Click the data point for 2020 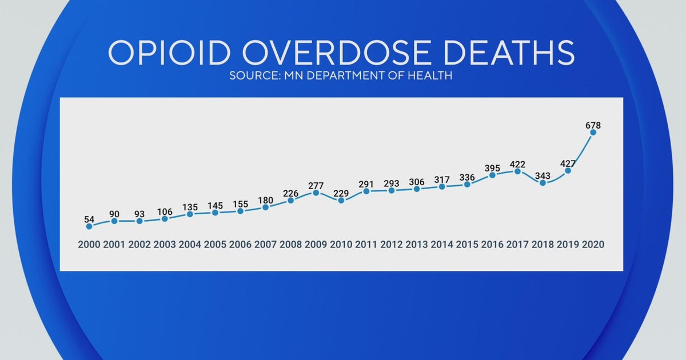593,132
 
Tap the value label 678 593,125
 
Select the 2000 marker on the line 89,226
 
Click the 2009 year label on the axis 316,245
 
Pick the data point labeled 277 316,193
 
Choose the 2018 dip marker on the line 543,183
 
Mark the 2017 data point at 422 517,171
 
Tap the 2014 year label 442,245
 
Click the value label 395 492,168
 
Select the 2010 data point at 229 341,201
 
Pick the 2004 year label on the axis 190,245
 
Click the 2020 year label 593,245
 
